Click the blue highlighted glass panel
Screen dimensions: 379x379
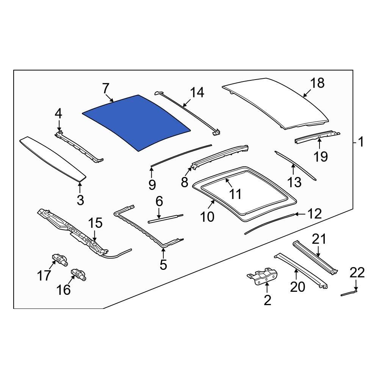tap(136, 121)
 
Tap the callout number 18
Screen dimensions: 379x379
tap(318, 83)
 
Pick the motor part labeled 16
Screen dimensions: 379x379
tap(78, 274)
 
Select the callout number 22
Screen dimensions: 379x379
tap(357, 273)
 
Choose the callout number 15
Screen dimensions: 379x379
tap(96, 223)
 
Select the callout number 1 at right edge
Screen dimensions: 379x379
tap(360, 142)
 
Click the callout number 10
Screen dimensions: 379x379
tap(207, 217)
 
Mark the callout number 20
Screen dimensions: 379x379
tap(298, 287)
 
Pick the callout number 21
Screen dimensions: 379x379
tap(319, 239)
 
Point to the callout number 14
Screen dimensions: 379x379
tap(197, 92)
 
